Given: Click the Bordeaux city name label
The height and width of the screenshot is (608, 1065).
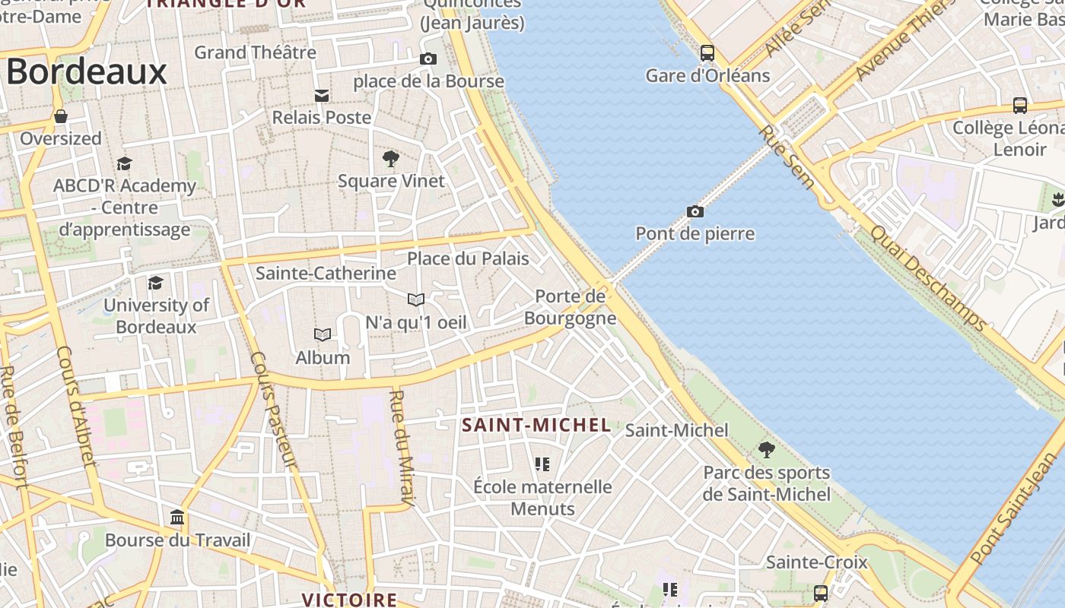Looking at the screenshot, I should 87,72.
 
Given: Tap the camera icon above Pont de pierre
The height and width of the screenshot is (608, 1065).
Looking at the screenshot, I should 695,211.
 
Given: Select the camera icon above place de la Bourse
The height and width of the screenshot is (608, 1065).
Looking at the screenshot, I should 428,59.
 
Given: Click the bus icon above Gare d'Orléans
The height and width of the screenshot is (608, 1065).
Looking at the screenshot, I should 707,53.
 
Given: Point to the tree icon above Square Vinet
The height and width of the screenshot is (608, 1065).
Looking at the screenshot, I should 391,159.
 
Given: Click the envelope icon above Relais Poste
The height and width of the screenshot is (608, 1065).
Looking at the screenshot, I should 322,96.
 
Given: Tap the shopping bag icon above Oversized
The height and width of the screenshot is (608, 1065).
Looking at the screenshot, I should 60,117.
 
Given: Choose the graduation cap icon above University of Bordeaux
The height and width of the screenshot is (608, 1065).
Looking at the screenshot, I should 156,283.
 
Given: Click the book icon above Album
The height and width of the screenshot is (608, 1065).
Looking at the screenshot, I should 323,335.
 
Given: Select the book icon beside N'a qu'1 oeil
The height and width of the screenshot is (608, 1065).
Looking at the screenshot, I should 415,299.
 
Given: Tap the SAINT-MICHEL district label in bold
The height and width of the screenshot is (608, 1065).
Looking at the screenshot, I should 536,426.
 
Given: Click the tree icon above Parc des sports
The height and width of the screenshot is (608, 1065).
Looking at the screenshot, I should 767,450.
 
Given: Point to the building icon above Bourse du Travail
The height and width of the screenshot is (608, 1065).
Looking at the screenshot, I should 177,518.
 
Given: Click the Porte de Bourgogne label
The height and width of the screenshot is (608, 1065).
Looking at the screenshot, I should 570,307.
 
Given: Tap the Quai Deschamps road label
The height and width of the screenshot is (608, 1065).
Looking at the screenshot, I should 928,278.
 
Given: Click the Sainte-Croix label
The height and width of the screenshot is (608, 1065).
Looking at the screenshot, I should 816,562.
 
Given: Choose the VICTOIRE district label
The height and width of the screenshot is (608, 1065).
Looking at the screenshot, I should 349,600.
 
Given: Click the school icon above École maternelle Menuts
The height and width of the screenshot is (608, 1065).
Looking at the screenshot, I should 542,464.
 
